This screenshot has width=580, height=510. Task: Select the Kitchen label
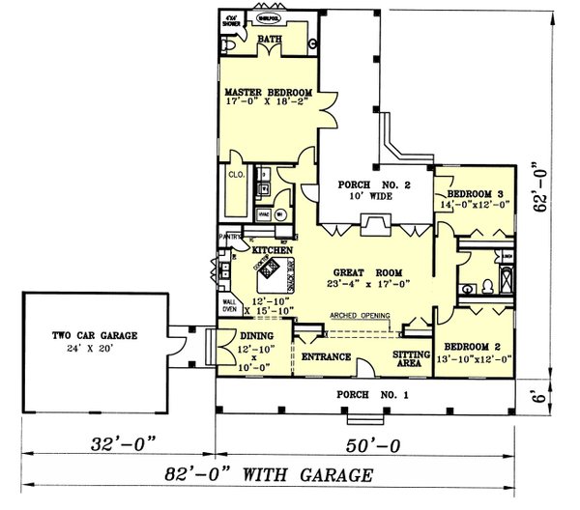[x=272, y=250]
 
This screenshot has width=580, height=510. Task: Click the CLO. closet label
[x=235, y=175]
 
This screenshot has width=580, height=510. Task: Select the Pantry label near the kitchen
[x=229, y=234]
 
